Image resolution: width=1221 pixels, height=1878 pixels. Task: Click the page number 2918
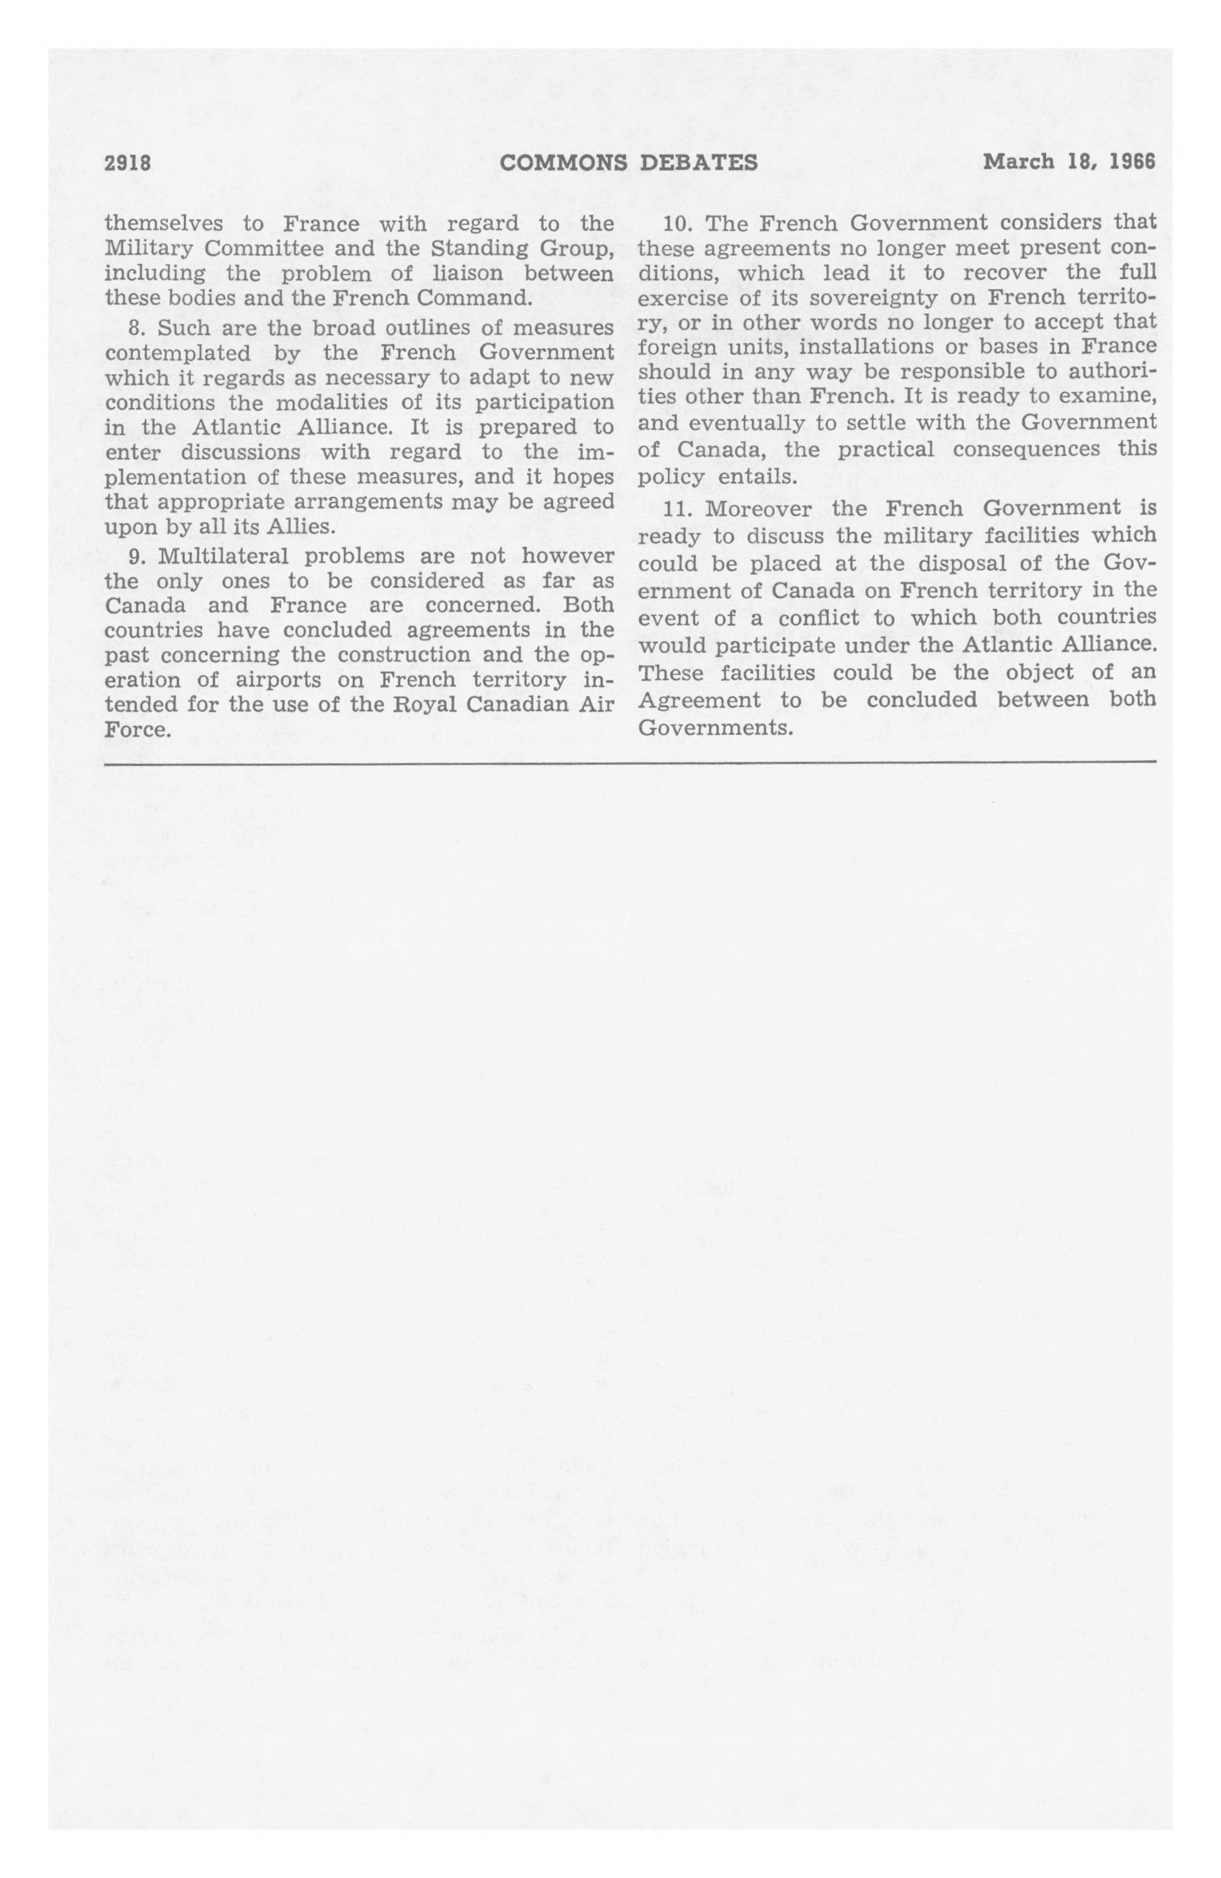(x=127, y=163)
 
